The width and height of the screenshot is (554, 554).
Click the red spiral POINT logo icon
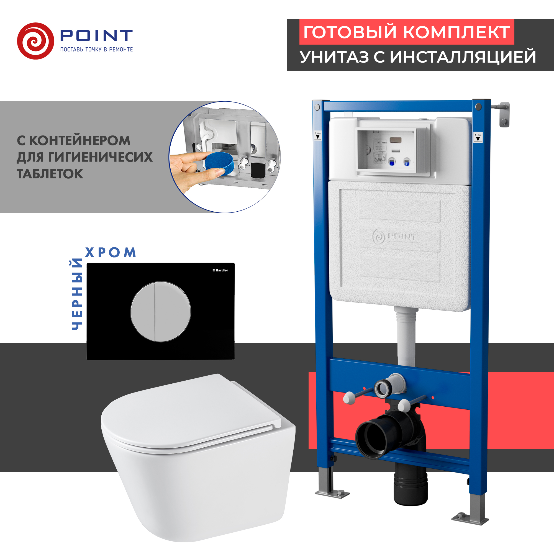click(35, 41)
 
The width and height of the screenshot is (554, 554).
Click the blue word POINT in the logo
click(96, 35)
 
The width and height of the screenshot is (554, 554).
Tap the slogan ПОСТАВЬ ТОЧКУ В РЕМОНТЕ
click(96, 50)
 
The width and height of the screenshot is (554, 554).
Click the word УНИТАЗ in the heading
click(334, 57)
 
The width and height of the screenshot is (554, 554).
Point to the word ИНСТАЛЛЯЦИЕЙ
click(463, 57)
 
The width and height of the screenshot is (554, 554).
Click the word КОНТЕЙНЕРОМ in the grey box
click(80, 140)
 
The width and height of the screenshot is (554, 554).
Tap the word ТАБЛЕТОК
click(50, 174)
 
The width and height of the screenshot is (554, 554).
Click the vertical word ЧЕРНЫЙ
click(77, 294)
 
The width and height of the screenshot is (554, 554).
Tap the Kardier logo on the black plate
click(220, 270)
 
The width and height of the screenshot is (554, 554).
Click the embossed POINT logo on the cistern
click(394, 237)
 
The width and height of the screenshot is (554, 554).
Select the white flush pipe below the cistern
click(406, 338)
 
